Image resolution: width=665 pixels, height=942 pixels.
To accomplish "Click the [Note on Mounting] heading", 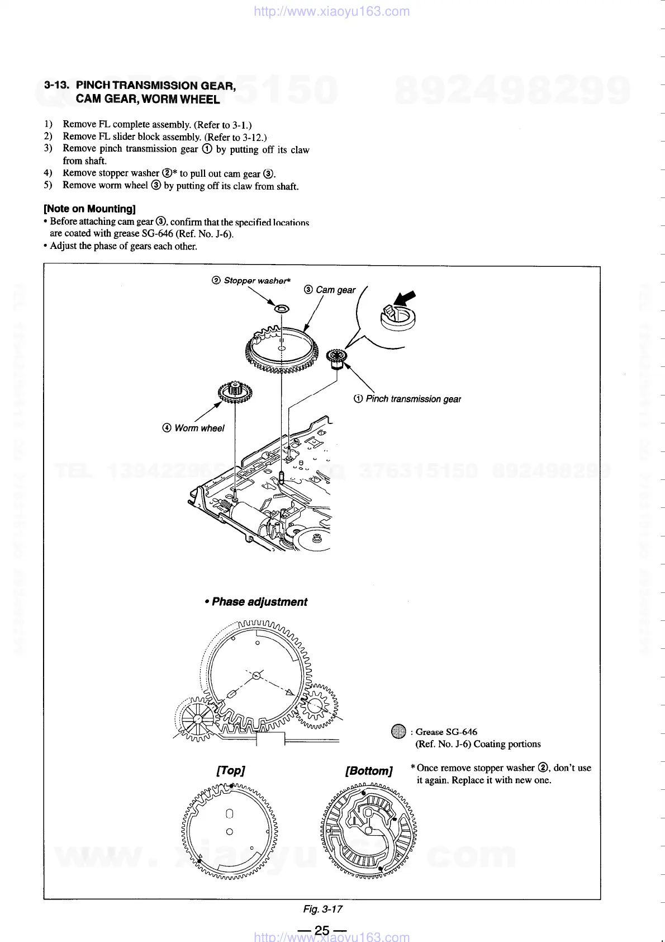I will [89, 209].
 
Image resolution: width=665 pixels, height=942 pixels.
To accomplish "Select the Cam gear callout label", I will [335, 290].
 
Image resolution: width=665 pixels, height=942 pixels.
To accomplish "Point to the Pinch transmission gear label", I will [413, 399].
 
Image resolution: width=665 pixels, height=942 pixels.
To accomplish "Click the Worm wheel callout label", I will [199, 428].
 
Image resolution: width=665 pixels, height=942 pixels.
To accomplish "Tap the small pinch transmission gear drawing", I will [337, 359].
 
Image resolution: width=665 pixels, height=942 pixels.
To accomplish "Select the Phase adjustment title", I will [259, 602].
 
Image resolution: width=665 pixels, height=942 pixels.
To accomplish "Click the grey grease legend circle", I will [398, 732].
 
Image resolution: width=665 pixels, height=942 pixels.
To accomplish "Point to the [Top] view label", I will [230, 770].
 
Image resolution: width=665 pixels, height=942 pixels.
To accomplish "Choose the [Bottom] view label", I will [369, 771].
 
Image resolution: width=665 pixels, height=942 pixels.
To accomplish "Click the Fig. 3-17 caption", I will [322, 909].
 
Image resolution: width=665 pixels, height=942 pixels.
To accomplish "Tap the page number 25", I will [322, 930].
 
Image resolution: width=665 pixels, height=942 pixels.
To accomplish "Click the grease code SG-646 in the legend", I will [461, 732].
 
